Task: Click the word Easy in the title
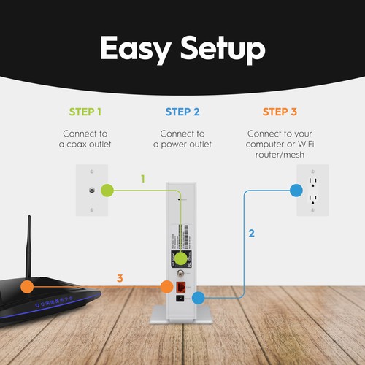tap(136, 49)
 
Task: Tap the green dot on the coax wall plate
tap(107, 191)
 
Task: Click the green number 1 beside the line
tap(143, 178)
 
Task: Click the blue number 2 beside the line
tap(251, 234)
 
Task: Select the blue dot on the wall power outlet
tap(296, 191)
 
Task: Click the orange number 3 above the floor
tap(119, 278)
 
